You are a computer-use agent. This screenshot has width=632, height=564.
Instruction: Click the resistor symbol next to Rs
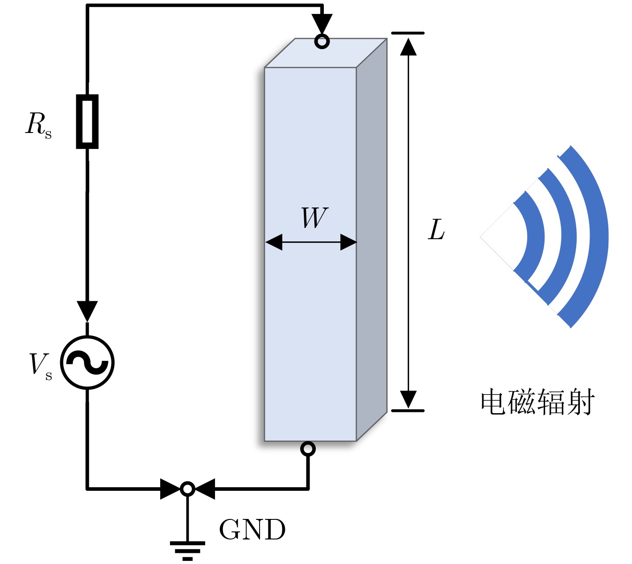pos(87,121)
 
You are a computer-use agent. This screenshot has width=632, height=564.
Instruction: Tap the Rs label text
pos(38,125)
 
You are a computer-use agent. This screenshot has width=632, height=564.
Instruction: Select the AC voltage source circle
pos(87,362)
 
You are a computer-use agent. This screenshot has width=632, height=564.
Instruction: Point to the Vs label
pos(41,366)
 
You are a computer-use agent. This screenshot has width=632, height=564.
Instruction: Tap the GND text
pos(252,530)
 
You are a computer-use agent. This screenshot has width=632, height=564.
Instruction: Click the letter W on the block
pos(314,218)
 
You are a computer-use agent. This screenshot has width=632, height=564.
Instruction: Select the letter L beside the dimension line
pos(436,229)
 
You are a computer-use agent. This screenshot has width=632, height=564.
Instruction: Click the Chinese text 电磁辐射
pos(538,402)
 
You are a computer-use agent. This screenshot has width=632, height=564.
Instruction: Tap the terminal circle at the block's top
pos(322,41)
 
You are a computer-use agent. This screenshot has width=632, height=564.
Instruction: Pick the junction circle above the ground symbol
pos(187,489)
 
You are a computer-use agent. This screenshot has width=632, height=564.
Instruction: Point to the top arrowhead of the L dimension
pos(409,46)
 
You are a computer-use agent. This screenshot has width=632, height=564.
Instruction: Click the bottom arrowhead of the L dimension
pos(409,399)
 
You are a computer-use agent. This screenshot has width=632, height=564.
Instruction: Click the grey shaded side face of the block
pos(372,240)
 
